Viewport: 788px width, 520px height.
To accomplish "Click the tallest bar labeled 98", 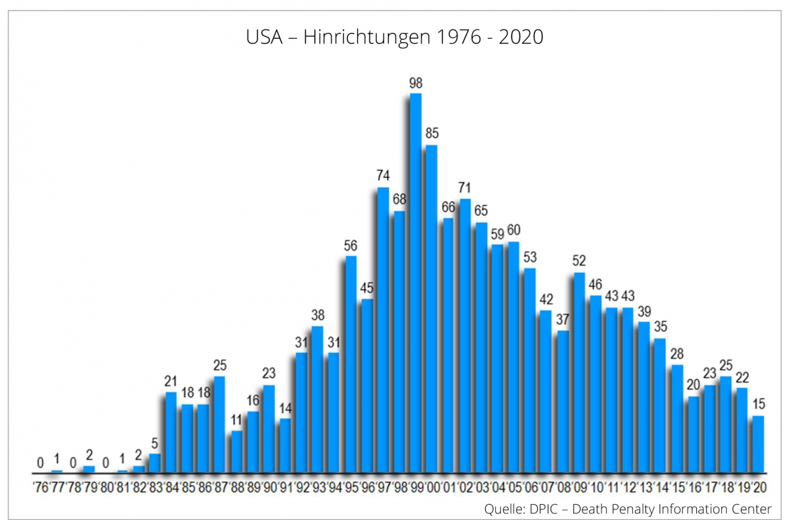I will (416, 283).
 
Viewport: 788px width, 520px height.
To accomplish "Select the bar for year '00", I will (431, 309).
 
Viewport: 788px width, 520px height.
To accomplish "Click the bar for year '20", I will (758, 444).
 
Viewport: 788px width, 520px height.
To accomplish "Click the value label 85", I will (431, 133).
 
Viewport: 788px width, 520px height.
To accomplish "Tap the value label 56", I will (351, 245).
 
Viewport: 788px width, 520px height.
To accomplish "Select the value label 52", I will (579, 260).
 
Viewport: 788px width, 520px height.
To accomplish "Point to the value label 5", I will (155, 442).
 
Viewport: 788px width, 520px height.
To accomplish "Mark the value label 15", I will (758, 404).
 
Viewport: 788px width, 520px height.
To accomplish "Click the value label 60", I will (514, 229).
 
